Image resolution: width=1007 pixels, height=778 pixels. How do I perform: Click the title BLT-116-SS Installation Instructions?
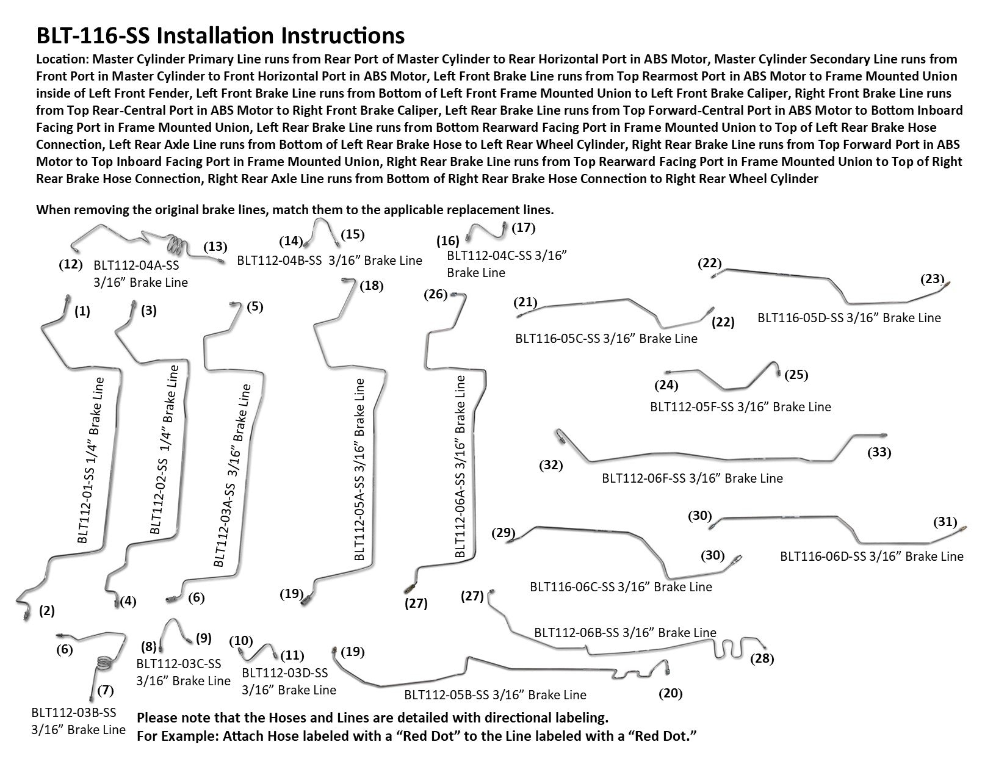[x=220, y=36]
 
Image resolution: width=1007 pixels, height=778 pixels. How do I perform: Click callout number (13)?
[x=215, y=247]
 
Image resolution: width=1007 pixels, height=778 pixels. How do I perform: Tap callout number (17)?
[x=523, y=228]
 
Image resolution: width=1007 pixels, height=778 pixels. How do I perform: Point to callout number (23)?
[x=932, y=279]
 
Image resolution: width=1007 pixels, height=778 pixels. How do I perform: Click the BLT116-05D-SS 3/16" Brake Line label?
[x=849, y=318]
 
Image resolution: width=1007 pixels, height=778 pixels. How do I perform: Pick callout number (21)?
[x=525, y=302]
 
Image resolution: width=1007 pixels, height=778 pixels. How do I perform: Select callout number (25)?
[x=796, y=375]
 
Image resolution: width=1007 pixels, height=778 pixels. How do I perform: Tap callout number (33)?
[x=879, y=452]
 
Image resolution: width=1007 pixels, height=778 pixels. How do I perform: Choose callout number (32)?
[x=550, y=466]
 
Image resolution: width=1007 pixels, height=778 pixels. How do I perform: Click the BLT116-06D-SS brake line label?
[x=872, y=556]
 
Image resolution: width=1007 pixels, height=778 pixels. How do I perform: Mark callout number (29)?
[x=504, y=532]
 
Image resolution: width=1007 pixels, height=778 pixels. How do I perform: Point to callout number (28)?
[x=762, y=659]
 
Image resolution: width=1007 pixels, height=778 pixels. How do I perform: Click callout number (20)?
[x=670, y=693]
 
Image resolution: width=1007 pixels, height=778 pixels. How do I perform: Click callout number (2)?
[x=47, y=610]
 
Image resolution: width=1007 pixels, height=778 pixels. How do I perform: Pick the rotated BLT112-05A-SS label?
[x=360, y=470]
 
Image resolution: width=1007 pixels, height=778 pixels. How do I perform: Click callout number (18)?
[x=371, y=286]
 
